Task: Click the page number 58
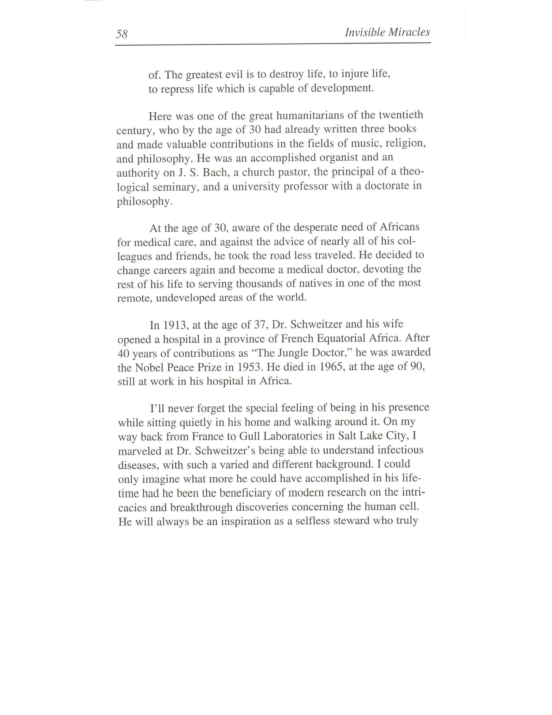122,34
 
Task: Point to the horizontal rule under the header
273,44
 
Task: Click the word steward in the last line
351,521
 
